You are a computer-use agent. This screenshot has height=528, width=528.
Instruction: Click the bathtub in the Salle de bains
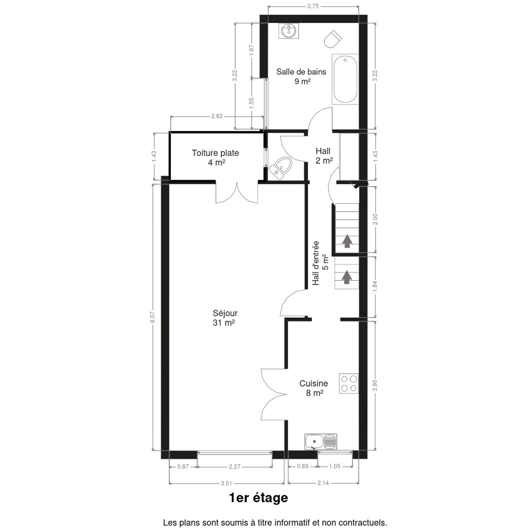[x=345, y=79]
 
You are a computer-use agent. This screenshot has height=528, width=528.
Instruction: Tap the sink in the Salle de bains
[x=289, y=31]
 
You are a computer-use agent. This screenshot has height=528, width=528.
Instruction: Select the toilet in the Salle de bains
[x=333, y=39]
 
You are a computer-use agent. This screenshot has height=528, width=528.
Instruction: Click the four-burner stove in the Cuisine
[x=348, y=384]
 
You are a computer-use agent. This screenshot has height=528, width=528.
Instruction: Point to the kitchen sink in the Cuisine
[x=320, y=442]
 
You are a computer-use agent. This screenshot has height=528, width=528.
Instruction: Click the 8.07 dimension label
[x=153, y=317]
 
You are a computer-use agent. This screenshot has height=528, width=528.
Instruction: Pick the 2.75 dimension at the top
[x=313, y=6]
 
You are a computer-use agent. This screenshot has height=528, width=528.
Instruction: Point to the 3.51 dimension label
[x=226, y=483]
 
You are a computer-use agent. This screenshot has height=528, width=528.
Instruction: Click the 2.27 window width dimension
[x=235, y=467]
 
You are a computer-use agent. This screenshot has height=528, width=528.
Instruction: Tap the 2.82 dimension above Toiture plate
[x=217, y=116]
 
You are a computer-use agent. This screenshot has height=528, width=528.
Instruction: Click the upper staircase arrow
[x=347, y=241]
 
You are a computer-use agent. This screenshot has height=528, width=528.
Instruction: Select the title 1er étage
[x=258, y=498]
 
